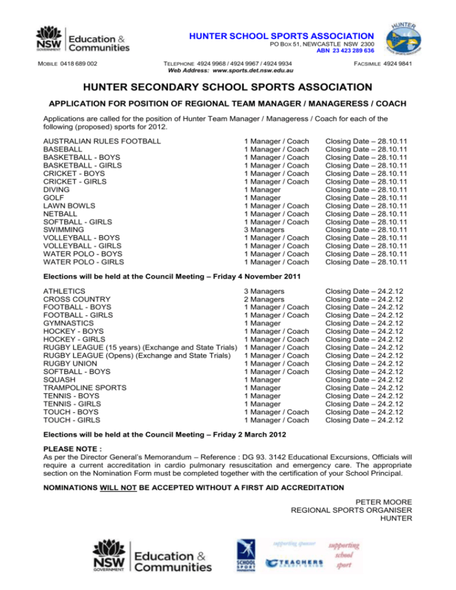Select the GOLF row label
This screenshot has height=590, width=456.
click(x=54, y=198)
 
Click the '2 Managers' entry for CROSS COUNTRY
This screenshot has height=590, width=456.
click(x=264, y=299)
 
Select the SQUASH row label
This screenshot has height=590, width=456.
click(x=59, y=379)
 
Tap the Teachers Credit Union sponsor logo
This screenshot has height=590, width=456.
click(x=294, y=562)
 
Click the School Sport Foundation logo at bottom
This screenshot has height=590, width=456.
click(x=245, y=555)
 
